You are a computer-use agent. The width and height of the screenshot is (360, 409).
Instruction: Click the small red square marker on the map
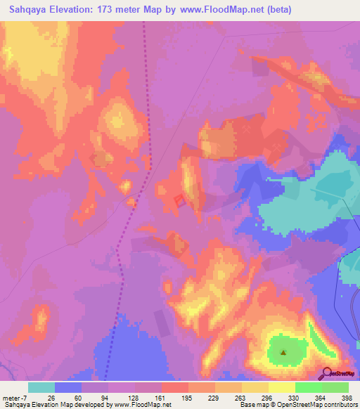179,201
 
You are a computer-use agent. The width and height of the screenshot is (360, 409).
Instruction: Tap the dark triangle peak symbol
283,353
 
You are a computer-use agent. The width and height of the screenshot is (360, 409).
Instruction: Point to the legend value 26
51,397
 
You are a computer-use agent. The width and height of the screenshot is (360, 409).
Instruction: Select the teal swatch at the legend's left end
41,387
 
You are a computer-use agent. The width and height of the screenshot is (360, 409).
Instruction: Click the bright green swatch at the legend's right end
335,387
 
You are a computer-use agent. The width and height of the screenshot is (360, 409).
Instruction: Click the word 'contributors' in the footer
337,405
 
